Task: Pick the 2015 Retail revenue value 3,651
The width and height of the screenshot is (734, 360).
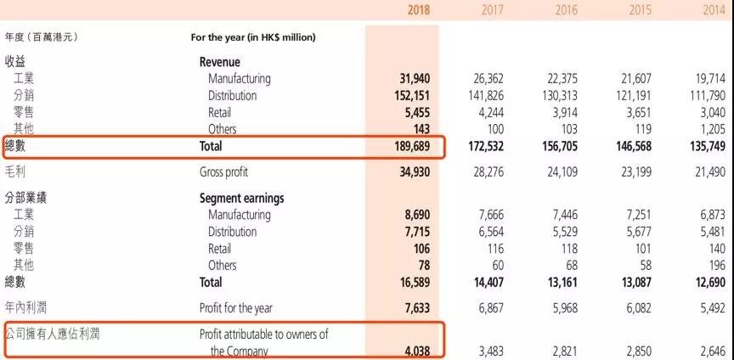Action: tap(639, 113)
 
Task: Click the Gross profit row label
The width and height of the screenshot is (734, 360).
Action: tap(224, 172)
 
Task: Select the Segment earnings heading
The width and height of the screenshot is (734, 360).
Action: tap(241, 198)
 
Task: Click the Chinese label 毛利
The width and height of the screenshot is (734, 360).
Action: tap(16, 172)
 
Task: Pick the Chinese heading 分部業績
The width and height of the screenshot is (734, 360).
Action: tap(25, 198)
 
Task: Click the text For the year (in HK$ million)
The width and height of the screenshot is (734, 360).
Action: tap(253, 37)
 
